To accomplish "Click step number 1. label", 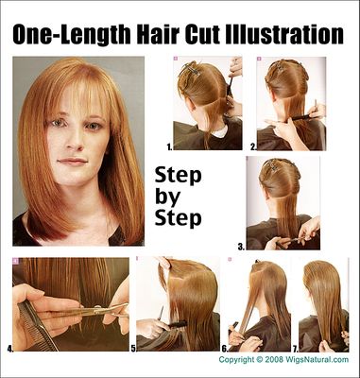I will [x=168, y=147].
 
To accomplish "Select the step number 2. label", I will [x=253, y=147].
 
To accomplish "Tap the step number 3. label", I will [x=240, y=246].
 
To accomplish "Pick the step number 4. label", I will [x=9, y=348].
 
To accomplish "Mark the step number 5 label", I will [x=133, y=348].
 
